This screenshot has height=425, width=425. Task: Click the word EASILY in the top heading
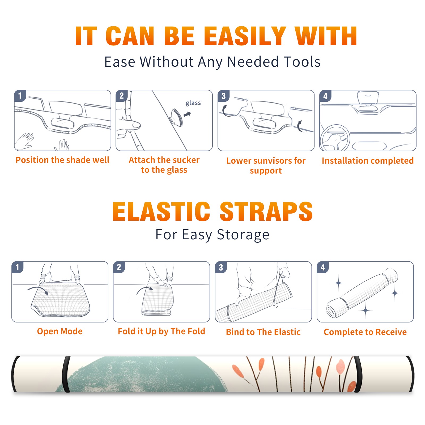tap(245, 36)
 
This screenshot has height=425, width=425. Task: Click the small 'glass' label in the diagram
tap(193, 103)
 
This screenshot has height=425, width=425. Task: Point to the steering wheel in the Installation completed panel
tap(335, 138)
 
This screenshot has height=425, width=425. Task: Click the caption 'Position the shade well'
tap(62, 160)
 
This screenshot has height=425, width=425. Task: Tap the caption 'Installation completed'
tap(368, 160)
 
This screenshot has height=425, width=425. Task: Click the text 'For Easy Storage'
tap(212, 235)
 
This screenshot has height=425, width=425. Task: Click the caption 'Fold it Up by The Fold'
tap(161, 331)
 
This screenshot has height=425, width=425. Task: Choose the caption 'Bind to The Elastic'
tap(263, 332)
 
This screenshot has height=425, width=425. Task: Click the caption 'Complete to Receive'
tap(365, 332)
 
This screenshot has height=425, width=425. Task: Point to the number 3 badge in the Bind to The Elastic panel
tap(221, 267)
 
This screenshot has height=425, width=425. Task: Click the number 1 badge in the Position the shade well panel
tap(20, 96)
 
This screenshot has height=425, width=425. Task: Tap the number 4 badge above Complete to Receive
tap(323, 267)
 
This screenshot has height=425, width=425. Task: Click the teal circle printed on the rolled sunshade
tap(143, 374)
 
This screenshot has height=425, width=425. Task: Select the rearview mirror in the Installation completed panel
tap(368, 97)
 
